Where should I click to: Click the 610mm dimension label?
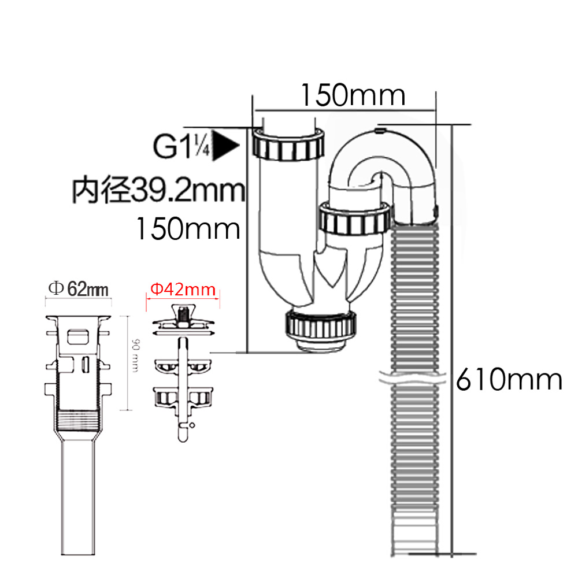[x=509, y=379]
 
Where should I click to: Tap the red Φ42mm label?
[x=183, y=290]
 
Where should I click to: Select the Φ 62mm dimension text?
[x=79, y=288]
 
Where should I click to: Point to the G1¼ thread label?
[x=181, y=146]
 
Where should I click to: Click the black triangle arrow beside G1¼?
[x=225, y=146]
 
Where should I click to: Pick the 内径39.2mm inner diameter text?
[x=158, y=190]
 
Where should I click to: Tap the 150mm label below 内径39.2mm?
[x=188, y=228]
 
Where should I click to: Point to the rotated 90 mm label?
[x=135, y=355]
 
